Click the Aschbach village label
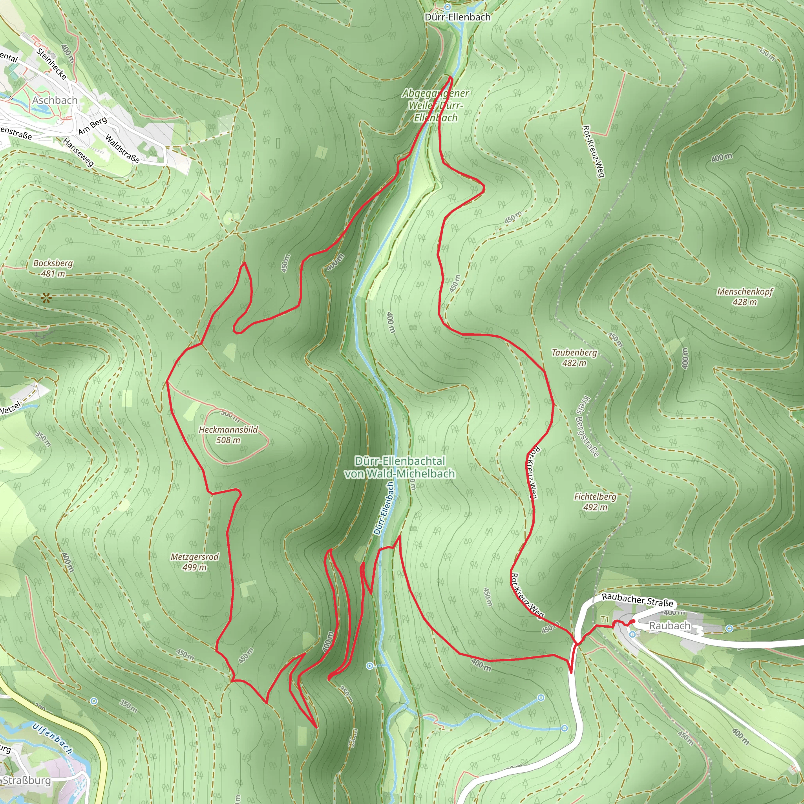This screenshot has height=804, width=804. (55, 100)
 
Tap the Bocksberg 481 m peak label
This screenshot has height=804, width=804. (53, 269)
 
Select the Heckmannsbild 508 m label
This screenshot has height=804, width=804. (228, 435)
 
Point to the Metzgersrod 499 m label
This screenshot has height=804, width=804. (194, 562)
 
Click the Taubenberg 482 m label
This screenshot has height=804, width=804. (574, 358)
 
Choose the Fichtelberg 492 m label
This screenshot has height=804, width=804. (595, 501)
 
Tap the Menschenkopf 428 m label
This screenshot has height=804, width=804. (744, 296)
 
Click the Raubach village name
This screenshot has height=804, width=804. (670, 625)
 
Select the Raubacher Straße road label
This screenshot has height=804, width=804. (637, 600)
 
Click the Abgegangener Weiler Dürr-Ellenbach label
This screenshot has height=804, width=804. (435, 106)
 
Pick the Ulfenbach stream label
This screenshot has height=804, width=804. (53, 738)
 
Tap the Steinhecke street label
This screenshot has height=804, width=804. (51, 64)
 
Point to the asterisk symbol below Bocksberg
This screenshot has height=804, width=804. (46, 298)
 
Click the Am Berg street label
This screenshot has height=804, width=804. (92, 126)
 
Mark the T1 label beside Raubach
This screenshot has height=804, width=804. (605, 619)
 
